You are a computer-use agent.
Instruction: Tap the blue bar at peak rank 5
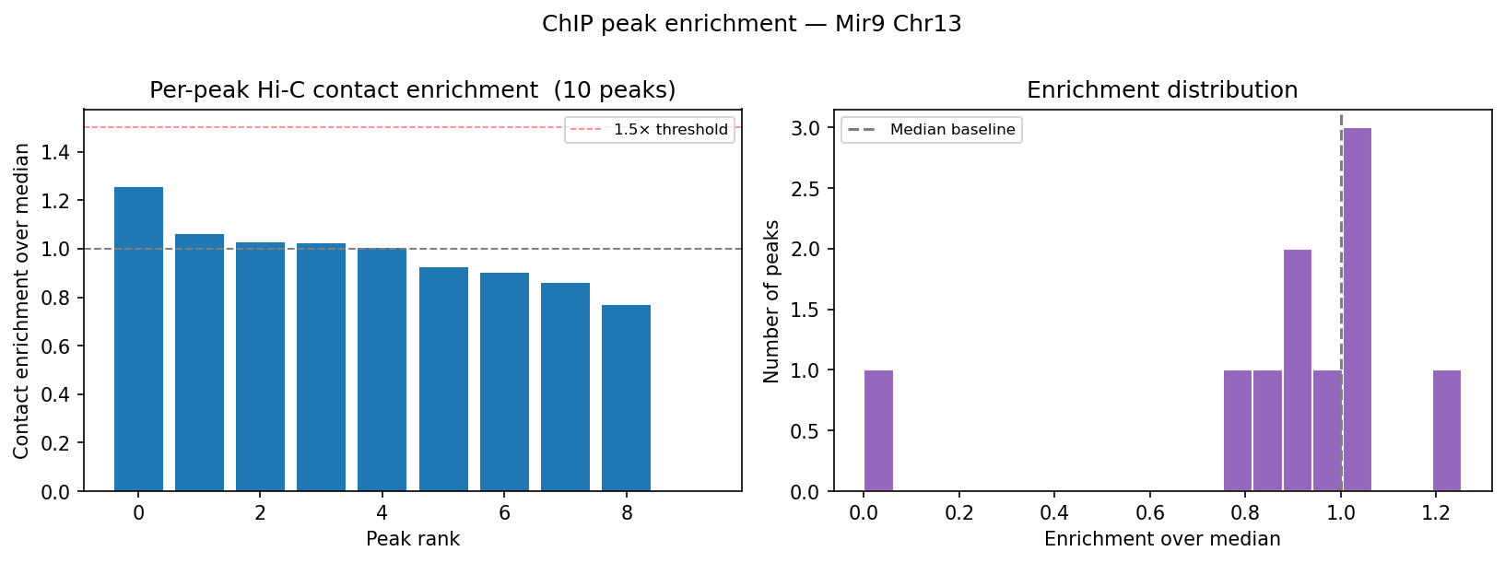click(443, 379)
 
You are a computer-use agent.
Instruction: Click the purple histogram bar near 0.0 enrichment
click(878, 430)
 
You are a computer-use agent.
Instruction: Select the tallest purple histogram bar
click(1357, 310)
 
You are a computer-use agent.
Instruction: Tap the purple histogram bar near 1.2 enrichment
click(1446, 430)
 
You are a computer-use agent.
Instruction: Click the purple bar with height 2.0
click(1297, 370)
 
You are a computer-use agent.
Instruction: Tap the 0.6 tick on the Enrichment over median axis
click(1149, 514)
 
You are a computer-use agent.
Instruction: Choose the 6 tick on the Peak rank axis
click(504, 514)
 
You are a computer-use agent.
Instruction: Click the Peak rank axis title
click(412, 539)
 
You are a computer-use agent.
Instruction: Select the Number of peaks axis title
click(771, 301)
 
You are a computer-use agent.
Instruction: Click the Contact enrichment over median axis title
click(21, 301)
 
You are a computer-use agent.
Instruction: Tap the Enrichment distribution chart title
click(1161, 90)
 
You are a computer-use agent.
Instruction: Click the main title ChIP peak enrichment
click(751, 24)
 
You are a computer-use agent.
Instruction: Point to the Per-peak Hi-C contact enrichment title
click(412, 90)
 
